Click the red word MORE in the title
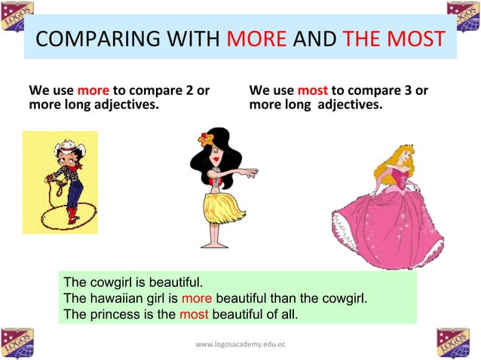pyautogui.click(x=256, y=39)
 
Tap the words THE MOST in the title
pyautogui.click(x=392, y=39)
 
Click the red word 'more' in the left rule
pyautogui.click(x=93, y=91)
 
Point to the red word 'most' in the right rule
pyautogui.click(x=312, y=91)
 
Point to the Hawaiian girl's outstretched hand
pyautogui.click(x=253, y=172)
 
